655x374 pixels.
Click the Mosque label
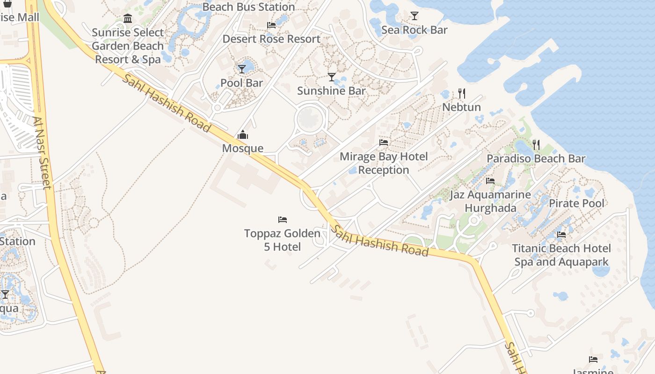[242, 149]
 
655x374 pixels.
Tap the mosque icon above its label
[242, 136]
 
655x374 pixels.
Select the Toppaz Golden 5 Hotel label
[282, 240]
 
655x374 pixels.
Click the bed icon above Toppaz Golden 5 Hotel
[282, 219]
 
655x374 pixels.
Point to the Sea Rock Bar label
[414, 30]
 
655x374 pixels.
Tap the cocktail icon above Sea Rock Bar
[414, 16]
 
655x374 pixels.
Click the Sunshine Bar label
[331, 91]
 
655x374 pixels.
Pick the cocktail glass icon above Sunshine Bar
[332, 77]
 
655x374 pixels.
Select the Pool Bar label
[241, 83]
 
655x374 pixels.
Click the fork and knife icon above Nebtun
[461, 93]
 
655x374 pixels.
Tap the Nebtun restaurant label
[461, 107]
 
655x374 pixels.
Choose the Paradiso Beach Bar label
[536, 158]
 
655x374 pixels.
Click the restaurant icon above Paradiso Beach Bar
[536, 145]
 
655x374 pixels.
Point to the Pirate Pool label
[576, 203]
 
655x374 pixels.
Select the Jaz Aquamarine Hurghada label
[490, 201]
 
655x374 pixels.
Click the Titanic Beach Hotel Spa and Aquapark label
[561, 255]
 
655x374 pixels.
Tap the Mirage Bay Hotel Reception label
[384, 163]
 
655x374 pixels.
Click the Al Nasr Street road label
[42, 153]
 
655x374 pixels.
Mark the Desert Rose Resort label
[271, 39]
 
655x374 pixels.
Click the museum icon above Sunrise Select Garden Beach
[128, 19]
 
